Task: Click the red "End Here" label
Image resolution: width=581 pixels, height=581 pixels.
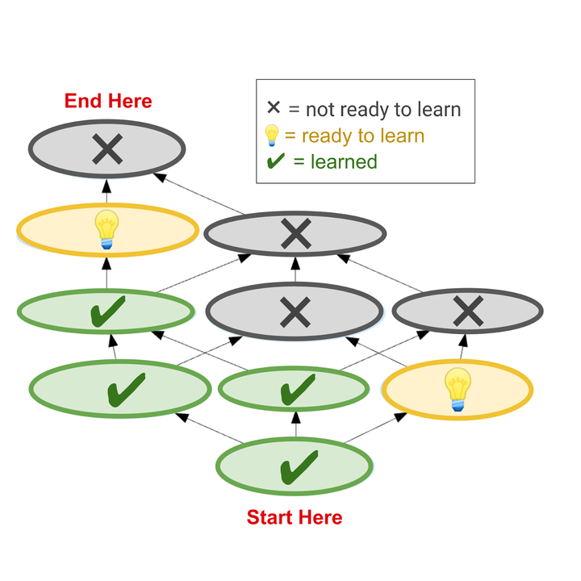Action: (108, 101)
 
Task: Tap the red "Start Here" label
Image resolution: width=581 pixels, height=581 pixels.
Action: (294, 517)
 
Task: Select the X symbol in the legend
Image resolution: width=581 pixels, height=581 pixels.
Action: (274, 109)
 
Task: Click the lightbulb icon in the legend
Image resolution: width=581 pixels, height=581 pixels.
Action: (273, 135)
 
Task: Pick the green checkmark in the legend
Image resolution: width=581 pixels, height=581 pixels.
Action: (275, 161)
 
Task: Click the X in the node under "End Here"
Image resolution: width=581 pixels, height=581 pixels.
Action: (107, 148)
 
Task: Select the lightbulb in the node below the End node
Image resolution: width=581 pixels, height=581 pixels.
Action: (107, 229)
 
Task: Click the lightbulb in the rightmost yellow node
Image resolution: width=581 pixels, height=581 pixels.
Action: (458, 389)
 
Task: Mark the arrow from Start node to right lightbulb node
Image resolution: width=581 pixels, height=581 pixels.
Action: (375, 428)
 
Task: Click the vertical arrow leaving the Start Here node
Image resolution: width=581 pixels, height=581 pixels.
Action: (295, 424)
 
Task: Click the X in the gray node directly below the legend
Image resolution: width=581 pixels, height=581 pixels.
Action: (295, 235)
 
